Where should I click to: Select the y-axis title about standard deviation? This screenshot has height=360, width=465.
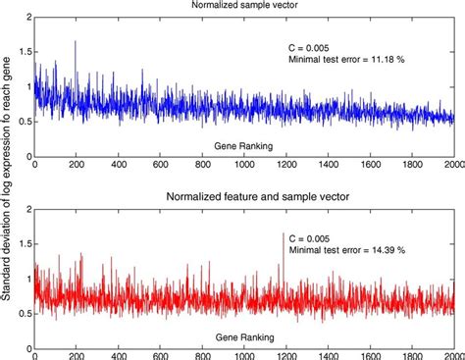coord(8,180)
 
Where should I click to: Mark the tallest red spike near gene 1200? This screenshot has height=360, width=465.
coord(284,233)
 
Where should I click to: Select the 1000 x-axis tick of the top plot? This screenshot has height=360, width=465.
coord(245,165)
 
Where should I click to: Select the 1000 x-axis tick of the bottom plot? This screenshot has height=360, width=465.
coord(245,353)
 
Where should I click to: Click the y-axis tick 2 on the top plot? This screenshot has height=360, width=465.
coord(26,19)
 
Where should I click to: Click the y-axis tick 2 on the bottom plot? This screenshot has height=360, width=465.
coord(26,208)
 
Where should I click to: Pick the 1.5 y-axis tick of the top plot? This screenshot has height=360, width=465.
coord(23,52)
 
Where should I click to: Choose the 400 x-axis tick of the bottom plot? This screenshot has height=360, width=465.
coord(119,353)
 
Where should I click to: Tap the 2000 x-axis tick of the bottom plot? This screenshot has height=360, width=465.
coord(452,353)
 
